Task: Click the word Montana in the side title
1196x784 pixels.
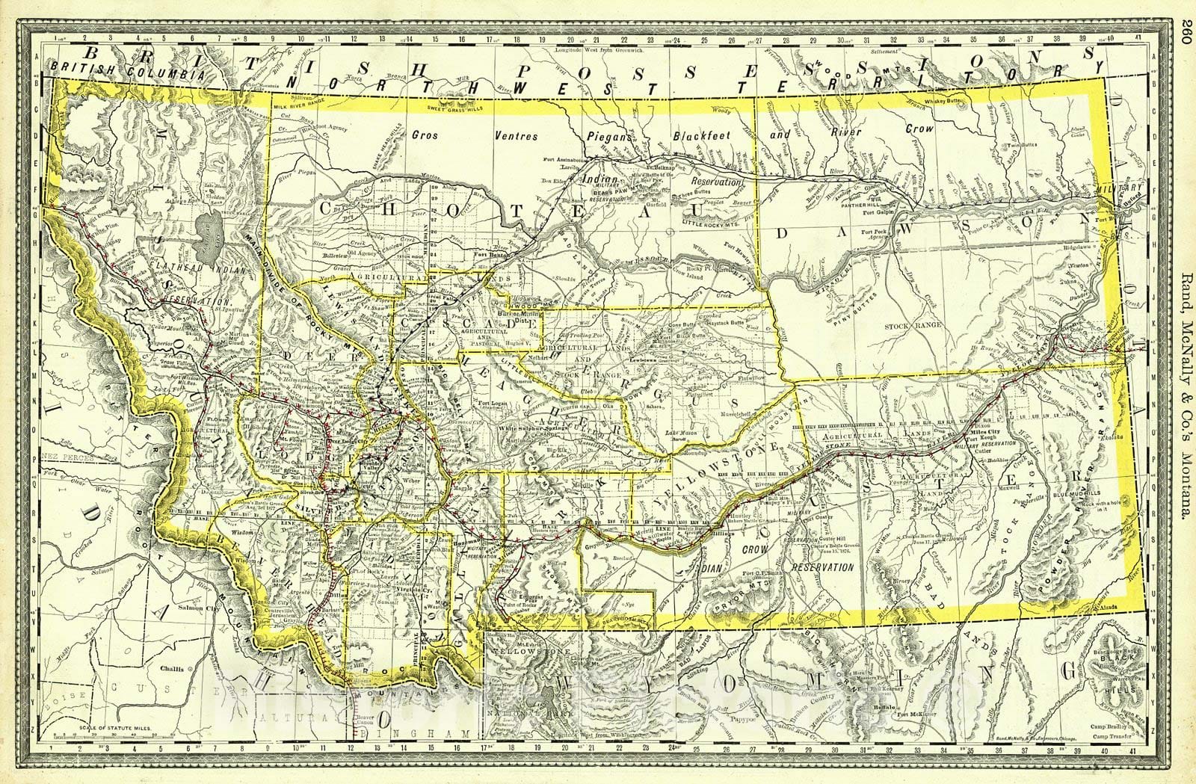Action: pos(1185,478)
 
